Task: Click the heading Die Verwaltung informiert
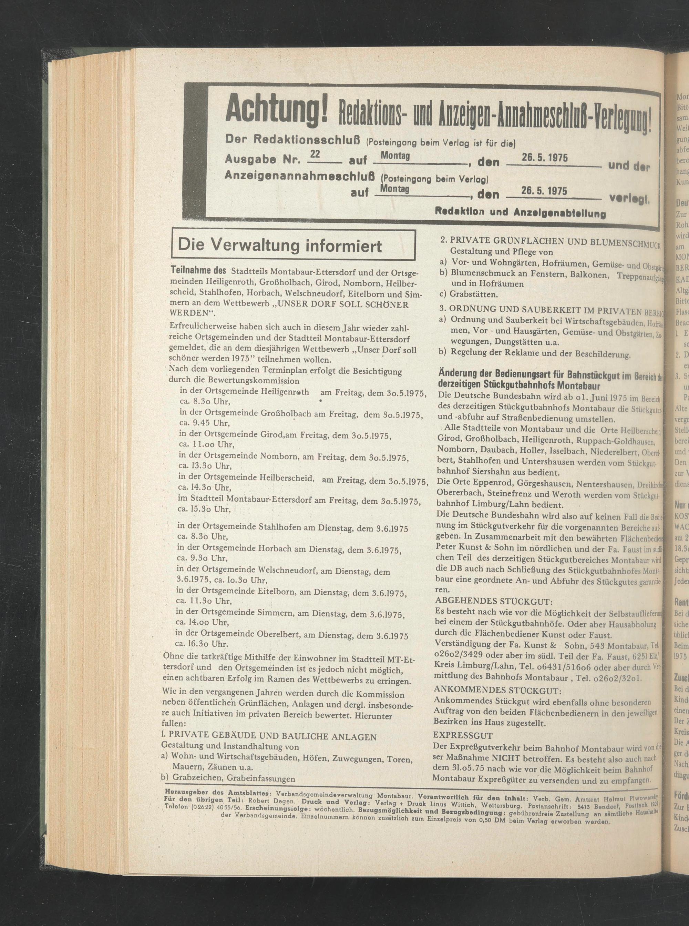279,246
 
